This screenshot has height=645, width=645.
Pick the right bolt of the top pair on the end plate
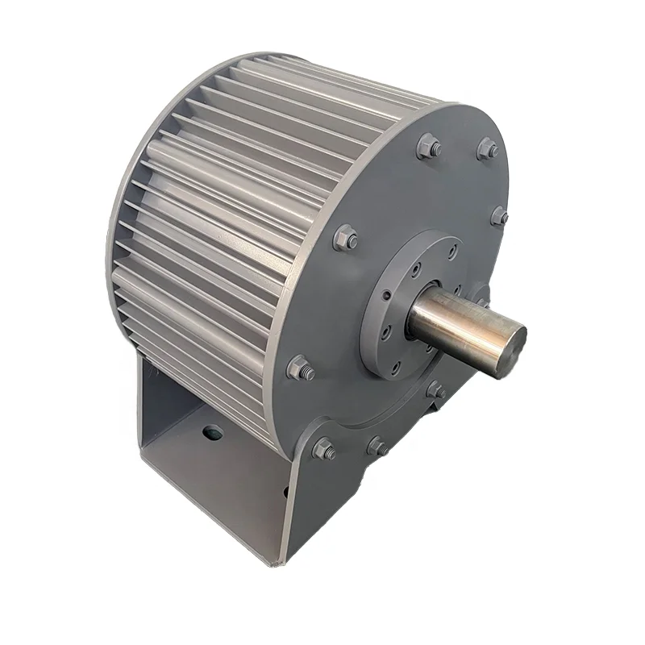[x=487, y=148]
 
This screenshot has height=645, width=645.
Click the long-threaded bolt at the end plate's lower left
[x=301, y=368]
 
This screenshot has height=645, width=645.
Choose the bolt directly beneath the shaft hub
[x=436, y=390]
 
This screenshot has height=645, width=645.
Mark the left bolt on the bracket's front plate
[x=324, y=449]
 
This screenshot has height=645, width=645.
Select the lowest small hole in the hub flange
[x=397, y=366]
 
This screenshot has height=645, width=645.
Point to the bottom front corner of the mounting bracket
[x=282, y=560]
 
